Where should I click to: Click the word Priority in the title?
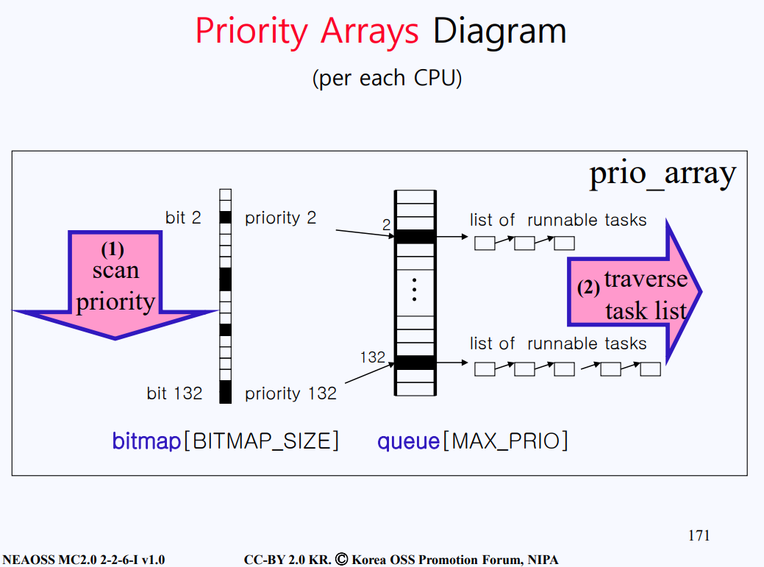click(251, 32)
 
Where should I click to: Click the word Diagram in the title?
click(499, 32)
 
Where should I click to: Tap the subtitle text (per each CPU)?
click(387, 78)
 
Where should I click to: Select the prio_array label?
click(663, 174)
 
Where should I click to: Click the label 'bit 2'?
click(183, 217)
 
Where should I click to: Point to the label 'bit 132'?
click(174, 393)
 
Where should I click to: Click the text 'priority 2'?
click(281, 218)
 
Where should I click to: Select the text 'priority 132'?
click(291, 393)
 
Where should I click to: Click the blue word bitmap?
click(146, 441)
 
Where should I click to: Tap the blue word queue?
click(408, 441)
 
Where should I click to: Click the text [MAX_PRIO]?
click(506, 441)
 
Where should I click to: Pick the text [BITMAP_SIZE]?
click(261, 441)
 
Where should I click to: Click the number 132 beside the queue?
click(373, 357)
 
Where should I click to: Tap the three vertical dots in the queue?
click(414, 290)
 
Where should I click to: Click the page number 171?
click(699, 535)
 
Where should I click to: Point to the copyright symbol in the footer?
click(342, 559)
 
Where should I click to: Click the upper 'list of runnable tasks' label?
click(558, 220)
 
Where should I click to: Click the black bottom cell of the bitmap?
click(226, 392)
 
